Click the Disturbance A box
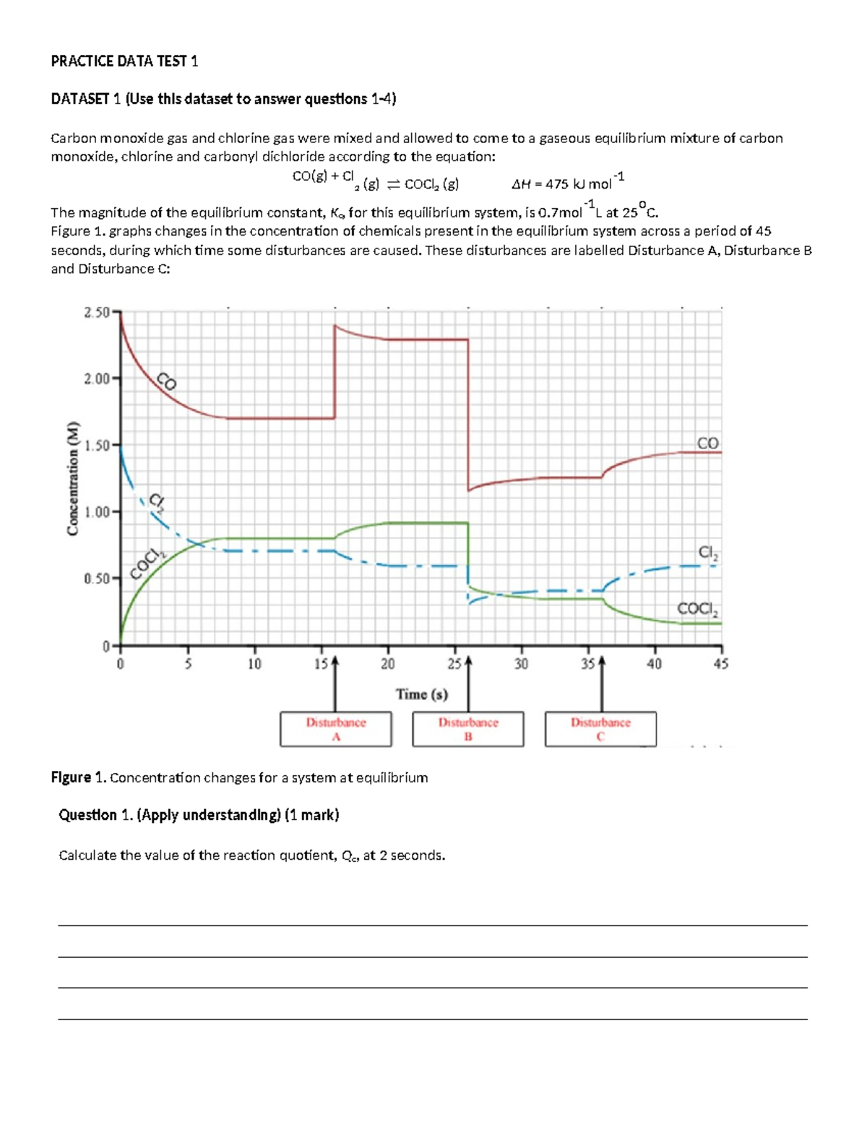pyautogui.click(x=336, y=729)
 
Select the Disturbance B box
pyautogui.click(x=468, y=729)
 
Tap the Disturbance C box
pyautogui.click(x=600, y=729)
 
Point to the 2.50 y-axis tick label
pyautogui.click(x=96, y=312)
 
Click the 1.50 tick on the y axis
pyautogui.click(x=96, y=445)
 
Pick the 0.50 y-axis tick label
pyautogui.click(x=96, y=579)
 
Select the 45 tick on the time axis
pyautogui.click(x=720, y=663)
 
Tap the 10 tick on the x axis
pyautogui.click(x=254, y=663)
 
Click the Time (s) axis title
pyautogui.click(x=422, y=694)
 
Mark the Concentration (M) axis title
pyautogui.click(x=72, y=478)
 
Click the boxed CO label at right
pyautogui.click(x=707, y=443)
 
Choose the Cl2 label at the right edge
pyautogui.click(x=708, y=553)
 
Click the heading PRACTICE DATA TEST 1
pyautogui.click(x=124, y=61)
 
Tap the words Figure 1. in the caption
pyautogui.click(x=79, y=777)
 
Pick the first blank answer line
pyautogui.click(x=432, y=925)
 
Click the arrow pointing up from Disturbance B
pyautogui.click(x=468, y=683)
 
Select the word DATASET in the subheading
pyautogui.click(x=79, y=99)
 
